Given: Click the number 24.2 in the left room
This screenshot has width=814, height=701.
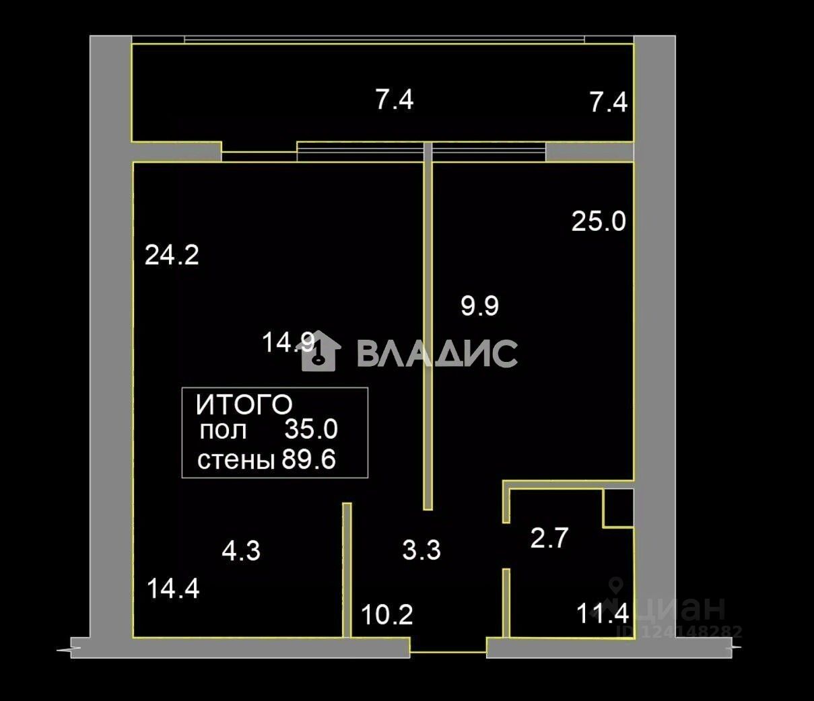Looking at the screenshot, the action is [x=172, y=256].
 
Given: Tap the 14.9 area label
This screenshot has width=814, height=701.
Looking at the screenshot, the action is [x=287, y=343].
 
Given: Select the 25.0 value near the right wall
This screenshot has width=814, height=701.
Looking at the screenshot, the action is [x=599, y=221].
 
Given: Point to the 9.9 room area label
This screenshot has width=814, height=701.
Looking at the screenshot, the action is [x=479, y=306].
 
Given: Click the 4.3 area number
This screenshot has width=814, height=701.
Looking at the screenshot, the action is [x=241, y=552].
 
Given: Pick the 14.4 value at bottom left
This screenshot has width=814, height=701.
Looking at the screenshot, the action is [x=173, y=589].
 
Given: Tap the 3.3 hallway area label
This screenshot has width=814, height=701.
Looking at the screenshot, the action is [x=421, y=550].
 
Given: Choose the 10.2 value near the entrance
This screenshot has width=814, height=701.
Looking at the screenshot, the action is [x=386, y=614].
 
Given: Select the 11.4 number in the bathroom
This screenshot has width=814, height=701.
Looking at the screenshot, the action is [x=603, y=614].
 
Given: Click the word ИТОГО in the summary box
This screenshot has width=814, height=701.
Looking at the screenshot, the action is [x=244, y=405].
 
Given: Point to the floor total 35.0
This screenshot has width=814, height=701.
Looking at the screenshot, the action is [x=310, y=429].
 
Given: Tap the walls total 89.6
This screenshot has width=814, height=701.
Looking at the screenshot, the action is [x=308, y=461].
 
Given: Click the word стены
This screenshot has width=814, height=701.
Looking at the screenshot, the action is [x=236, y=461].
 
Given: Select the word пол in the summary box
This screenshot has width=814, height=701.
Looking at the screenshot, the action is [x=223, y=430].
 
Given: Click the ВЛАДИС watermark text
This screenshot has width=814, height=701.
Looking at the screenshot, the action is [x=437, y=353].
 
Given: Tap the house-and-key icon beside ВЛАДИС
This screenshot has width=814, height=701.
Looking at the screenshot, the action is [x=319, y=350].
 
